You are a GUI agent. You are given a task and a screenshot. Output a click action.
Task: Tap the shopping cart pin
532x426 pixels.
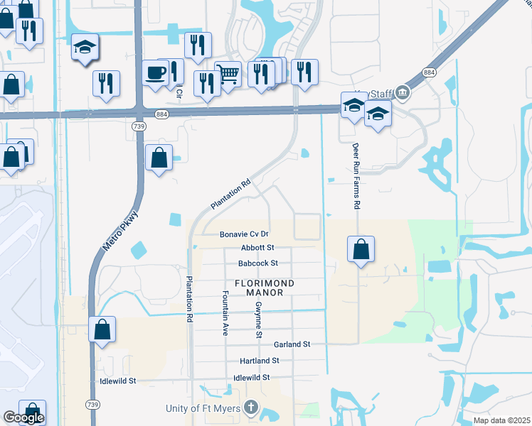228,74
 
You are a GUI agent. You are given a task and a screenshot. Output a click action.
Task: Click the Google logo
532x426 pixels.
23,417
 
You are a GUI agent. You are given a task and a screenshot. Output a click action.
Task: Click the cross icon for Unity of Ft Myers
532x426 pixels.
250,408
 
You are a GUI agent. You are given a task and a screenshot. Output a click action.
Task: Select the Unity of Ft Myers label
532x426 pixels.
203,408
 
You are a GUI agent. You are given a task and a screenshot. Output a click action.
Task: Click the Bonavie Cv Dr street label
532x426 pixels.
244,234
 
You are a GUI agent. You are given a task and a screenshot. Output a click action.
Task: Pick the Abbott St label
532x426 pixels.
257,248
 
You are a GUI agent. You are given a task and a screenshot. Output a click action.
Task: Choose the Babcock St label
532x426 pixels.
257,263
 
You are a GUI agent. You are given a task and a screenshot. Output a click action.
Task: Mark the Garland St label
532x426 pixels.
292,344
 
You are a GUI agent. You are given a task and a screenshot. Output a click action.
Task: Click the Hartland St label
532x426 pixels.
259,361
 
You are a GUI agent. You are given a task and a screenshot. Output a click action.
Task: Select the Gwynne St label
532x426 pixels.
259,319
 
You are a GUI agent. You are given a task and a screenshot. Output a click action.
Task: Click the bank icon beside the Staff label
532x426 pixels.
403,91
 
